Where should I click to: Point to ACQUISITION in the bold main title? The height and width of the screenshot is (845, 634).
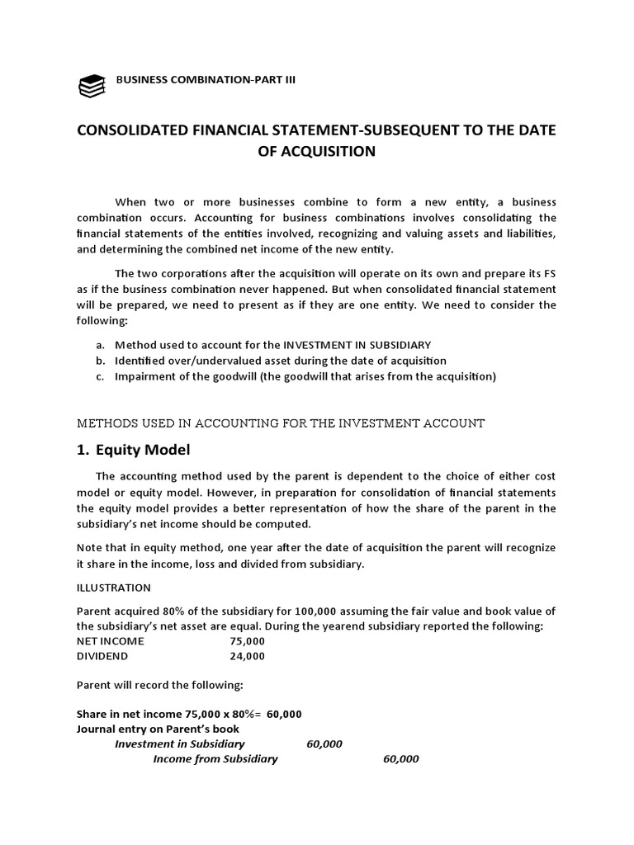[317, 151]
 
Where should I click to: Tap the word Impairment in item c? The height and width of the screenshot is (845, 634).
[145, 376]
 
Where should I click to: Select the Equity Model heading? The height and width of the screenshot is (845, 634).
[143, 451]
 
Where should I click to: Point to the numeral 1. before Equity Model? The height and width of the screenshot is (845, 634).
[83, 451]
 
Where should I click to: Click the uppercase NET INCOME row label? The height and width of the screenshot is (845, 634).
[110, 640]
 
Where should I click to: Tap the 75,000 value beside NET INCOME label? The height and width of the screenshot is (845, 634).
[248, 640]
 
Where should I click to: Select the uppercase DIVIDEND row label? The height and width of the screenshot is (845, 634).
[103, 656]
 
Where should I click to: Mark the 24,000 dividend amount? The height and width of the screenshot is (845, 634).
[248, 656]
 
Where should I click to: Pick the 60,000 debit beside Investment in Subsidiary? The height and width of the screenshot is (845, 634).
[324, 744]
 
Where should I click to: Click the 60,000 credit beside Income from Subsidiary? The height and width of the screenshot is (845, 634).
[401, 759]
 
